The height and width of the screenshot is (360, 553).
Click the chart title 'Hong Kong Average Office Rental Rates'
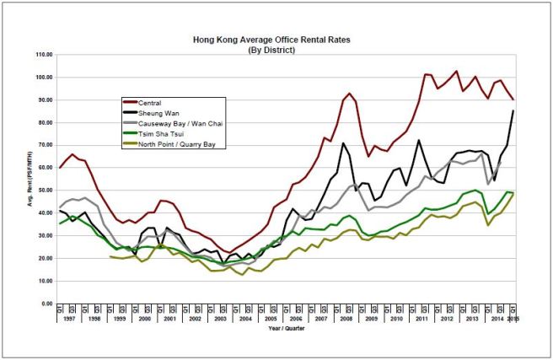(x=276, y=39)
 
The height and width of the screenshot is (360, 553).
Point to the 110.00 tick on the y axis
(x=44, y=55)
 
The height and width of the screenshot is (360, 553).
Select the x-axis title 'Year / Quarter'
(x=287, y=330)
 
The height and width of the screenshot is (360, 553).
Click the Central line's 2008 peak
(x=349, y=94)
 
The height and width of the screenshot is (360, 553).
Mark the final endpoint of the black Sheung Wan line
(x=513, y=111)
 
